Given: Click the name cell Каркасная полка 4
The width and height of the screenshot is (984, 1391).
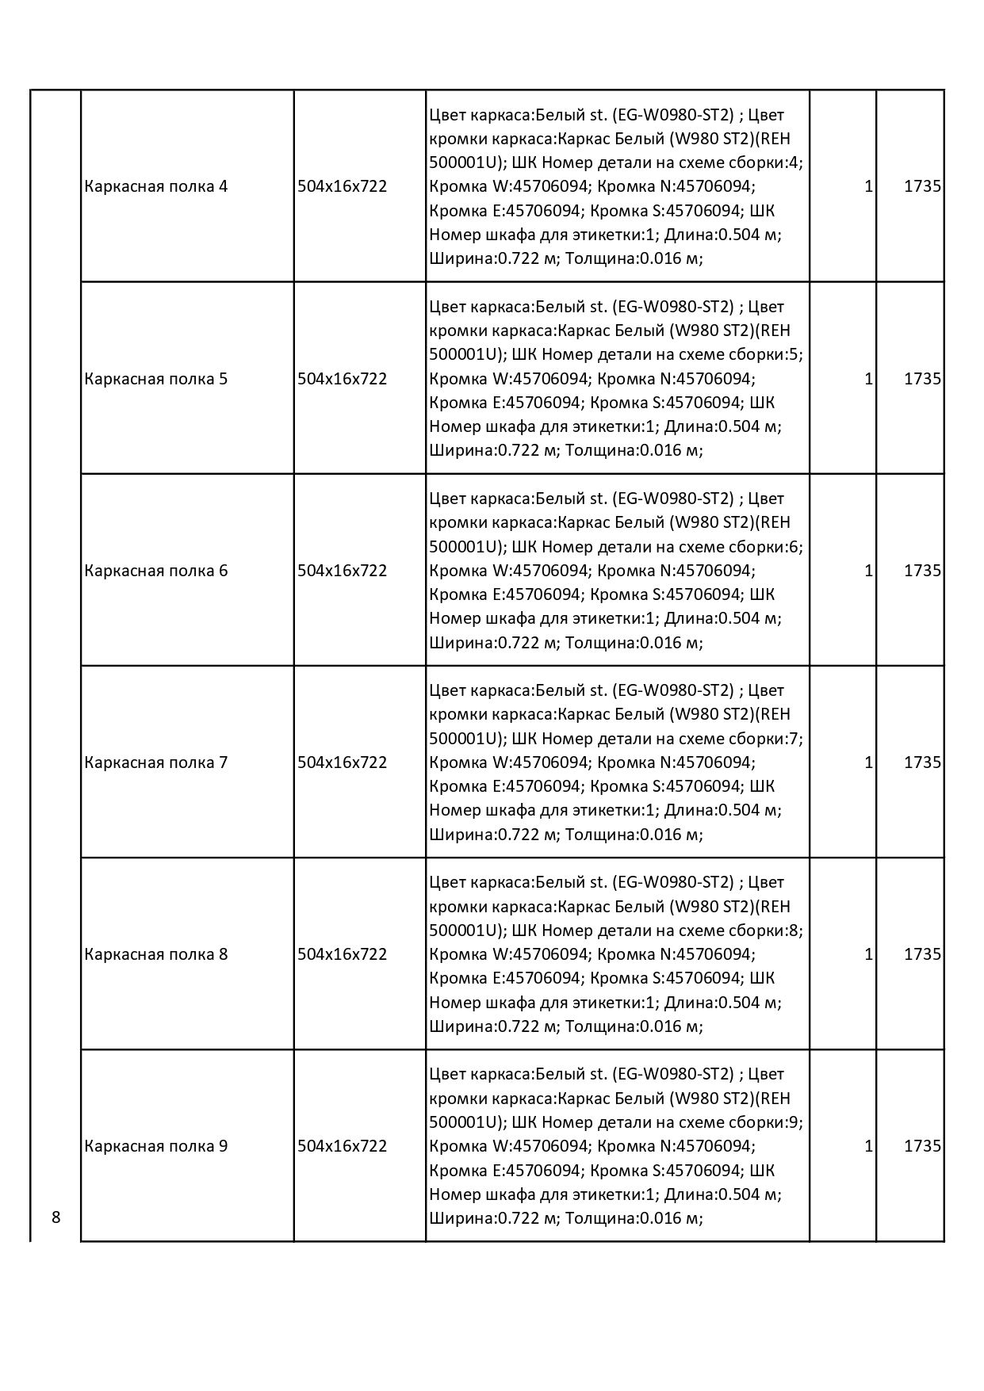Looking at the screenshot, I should click(x=156, y=187).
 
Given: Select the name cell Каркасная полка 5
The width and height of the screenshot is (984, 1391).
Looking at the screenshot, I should click(x=156, y=379).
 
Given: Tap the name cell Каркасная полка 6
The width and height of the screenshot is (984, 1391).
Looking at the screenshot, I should click(x=156, y=571).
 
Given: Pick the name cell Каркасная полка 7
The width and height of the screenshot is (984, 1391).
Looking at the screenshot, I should click(x=156, y=762).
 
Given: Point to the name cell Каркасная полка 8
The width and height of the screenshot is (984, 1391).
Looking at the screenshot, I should click(x=156, y=954).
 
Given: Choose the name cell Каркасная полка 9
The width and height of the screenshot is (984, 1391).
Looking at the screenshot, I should click(x=156, y=1146).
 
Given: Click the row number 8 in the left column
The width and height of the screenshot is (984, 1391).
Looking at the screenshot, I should click(x=56, y=1217).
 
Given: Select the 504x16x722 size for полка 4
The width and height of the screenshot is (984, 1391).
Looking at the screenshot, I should click(x=342, y=187).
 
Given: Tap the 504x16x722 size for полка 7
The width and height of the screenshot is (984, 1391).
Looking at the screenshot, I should click(x=342, y=762).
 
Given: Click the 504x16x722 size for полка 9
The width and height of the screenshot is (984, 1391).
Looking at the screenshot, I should click(x=342, y=1146).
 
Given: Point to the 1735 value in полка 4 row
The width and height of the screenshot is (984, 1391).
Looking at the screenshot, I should click(x=922, y=187).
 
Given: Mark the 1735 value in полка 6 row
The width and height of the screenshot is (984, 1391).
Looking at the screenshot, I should click(x=922, y=571).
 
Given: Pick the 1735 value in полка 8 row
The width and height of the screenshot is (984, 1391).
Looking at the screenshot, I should click(x=922, y=954).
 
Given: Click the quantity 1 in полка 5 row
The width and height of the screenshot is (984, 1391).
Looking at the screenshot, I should click(x=868, y=379).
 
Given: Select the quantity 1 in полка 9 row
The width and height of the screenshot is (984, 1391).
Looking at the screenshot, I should click(x=868, y=1146).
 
